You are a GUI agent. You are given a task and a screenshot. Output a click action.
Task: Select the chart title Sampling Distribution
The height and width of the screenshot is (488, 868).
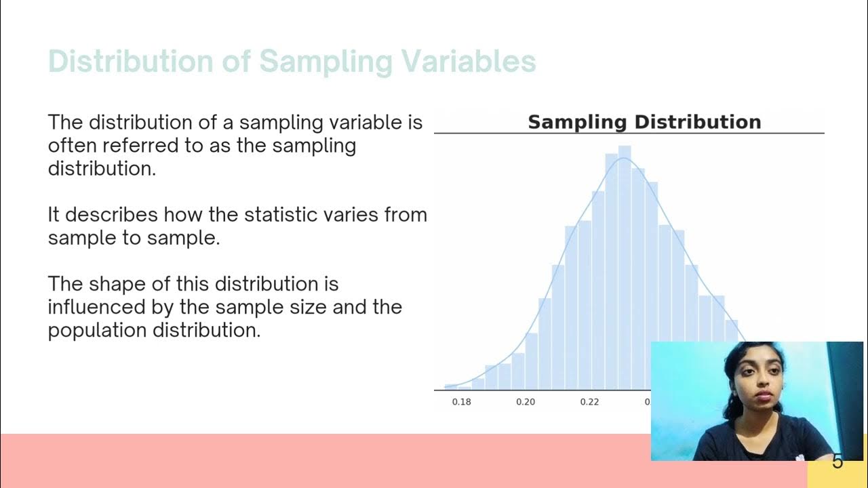pyautogui.click(x=644, y=122)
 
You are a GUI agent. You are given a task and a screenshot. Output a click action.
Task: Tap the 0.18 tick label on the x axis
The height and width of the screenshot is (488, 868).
pyautogui.click(x=461, y=402)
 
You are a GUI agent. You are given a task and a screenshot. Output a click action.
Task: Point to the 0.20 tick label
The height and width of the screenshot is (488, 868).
pyautogui.click(x=526, y=402)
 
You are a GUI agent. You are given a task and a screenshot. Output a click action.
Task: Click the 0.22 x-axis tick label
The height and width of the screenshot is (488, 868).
pyautogui.click(x=590, y=402)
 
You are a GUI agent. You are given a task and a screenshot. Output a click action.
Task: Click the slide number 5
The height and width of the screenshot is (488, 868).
pyautogui.click(x=837, y=462)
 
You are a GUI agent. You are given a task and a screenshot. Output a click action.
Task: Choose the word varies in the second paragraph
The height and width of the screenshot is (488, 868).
pyautogui.click(x=356, y=215)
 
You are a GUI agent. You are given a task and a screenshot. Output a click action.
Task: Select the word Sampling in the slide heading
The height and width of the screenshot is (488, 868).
pyautogui.click(x=325, y=62)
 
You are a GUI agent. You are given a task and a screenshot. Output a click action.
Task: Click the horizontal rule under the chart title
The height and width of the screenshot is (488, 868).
pyautogui.click(x=629, y=134)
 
